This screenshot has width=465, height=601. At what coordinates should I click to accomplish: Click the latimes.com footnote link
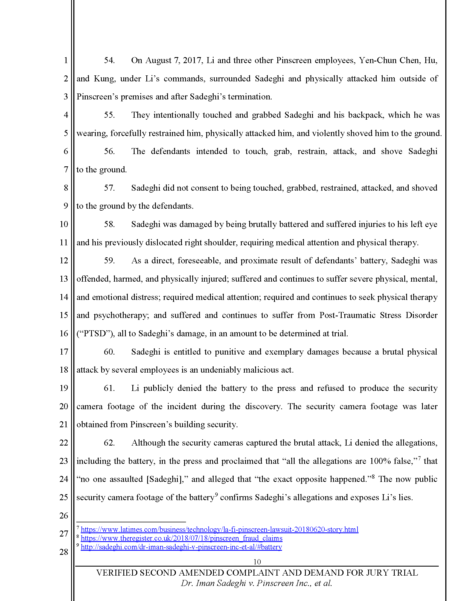pos(220,529)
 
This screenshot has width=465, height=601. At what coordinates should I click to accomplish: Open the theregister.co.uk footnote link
pos(182,538)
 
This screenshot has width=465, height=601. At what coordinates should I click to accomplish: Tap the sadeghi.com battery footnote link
pos(181,547)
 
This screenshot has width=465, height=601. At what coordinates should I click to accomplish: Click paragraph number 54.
pos(109,60)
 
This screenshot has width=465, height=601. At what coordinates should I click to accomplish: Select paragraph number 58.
pos(109,224)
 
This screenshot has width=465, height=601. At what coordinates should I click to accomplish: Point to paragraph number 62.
pos(109,443)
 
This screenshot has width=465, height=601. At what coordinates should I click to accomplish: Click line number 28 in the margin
pos(64,552)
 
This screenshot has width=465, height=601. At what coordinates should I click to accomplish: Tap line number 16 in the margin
pos(64,334)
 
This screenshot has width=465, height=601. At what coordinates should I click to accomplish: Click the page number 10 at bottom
pos(257,562)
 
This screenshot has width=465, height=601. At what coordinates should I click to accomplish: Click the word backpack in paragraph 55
pos(365,115)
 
